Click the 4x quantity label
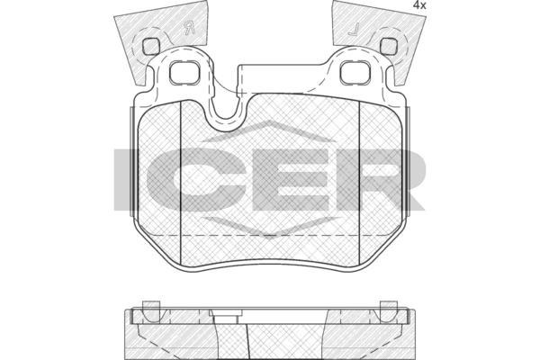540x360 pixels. coord(419,5)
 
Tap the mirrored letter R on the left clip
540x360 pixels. coord(189,28)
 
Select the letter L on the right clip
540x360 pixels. coord(354,30)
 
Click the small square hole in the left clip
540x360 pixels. coord(150,46)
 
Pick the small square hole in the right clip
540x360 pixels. coord(388,46)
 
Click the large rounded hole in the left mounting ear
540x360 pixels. coord(184,72)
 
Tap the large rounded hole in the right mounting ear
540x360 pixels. coord(355,72)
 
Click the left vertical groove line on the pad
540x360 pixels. coord(181,182)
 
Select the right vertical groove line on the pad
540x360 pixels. coord(359,182)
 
